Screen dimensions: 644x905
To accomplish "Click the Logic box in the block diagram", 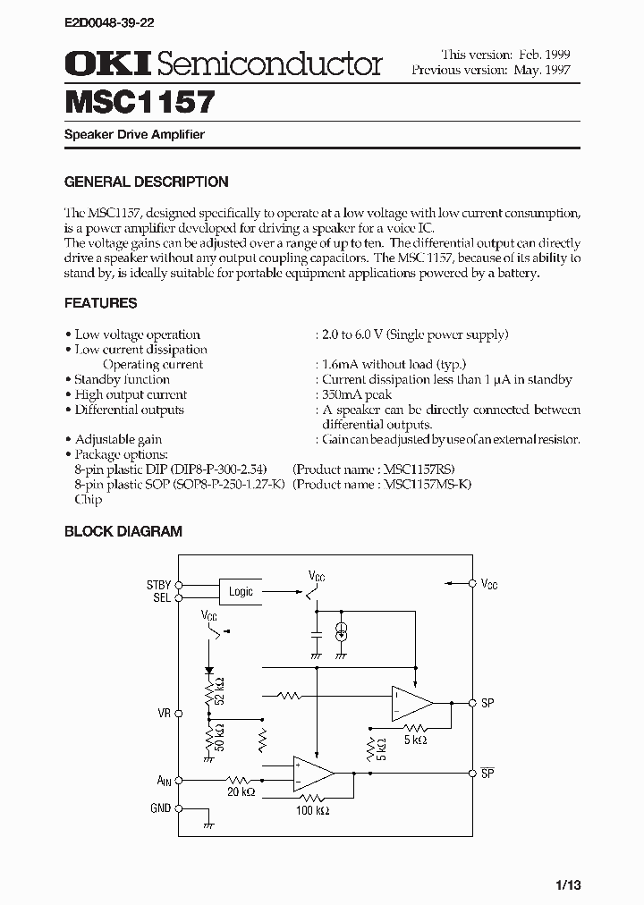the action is click(x=241, y=591).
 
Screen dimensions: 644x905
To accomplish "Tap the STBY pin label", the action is click(x=158, y=585).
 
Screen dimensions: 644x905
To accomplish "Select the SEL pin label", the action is click(x=161, y=597).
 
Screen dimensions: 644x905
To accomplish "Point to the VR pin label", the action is click(x=164, y=714).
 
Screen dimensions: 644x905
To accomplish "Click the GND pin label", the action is click(x=160, y=808).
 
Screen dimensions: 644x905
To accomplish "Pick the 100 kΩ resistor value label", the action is click(x=311, y=810).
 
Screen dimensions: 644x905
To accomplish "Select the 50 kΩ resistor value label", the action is click(x=220, y=739).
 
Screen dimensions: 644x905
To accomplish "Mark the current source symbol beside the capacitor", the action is click(x=341, y=632).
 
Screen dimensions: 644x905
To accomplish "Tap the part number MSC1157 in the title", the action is click(x=140, y=102).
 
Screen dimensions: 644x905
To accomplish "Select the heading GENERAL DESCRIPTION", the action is click(x=146, y=182).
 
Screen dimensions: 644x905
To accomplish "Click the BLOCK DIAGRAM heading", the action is click(x=123, y=531).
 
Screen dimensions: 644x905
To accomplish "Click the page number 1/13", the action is click(x=567, y=885).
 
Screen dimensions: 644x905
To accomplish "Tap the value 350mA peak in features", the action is click(x=358, y=394).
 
